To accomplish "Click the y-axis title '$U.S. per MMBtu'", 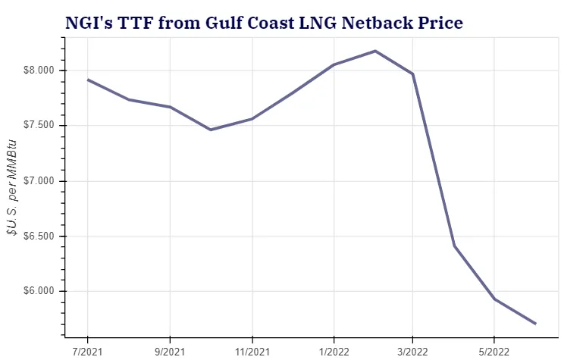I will click(12, 187).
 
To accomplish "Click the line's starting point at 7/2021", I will click(88, 80).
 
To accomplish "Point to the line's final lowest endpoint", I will click(536, 324).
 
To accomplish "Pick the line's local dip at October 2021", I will click(211, 130).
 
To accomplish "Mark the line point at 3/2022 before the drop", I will click(412, 74).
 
